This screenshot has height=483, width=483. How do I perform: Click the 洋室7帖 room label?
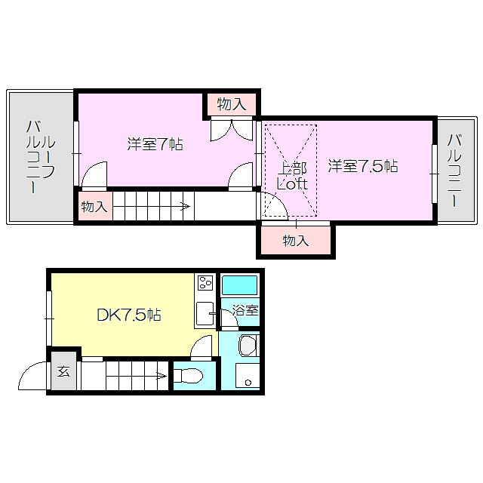[155, 143]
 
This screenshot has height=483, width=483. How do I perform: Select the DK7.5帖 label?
[128, 315]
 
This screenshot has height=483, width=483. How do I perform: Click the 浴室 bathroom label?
[245, 310]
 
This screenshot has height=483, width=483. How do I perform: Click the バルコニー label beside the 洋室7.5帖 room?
[455, 171]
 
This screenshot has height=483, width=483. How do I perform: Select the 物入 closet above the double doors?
[231, 104]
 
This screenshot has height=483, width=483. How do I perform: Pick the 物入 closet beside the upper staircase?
[94, 206]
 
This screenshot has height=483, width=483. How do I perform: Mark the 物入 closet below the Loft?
[296, 241]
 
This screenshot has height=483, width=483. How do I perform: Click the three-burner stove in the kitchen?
[205, 284]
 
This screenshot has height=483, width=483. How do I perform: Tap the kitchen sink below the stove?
[204, 313]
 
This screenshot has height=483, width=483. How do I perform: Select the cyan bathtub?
[239, 286]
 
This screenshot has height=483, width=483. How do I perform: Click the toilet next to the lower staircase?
[192, 375]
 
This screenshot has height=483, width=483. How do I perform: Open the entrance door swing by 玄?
[33, 377]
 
